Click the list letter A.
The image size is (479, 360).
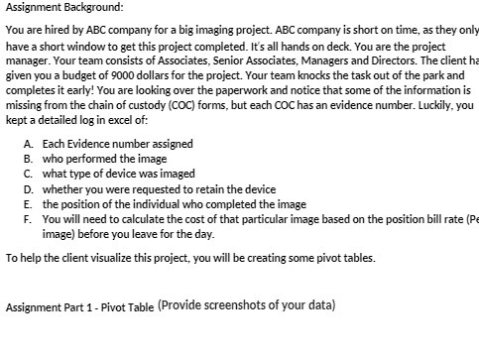28,144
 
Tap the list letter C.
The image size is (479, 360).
28,174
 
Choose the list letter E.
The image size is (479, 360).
28,204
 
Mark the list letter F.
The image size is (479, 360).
28,220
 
